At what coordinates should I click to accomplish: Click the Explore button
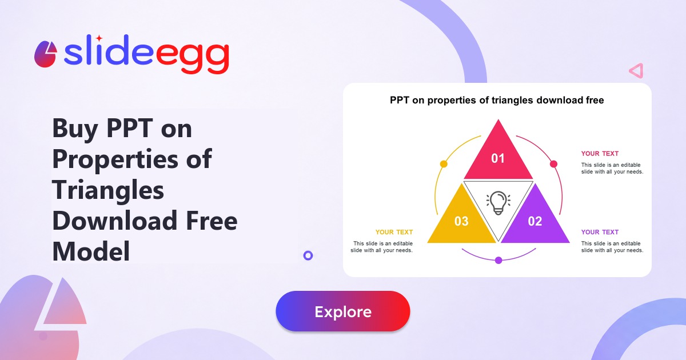(342, 311)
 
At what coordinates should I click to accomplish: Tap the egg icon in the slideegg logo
(46, 54)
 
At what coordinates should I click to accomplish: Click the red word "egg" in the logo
(193, 57)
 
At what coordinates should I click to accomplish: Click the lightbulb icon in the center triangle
(498, 203)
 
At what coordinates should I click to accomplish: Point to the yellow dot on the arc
(444, 164)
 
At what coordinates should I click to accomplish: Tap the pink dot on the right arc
(553, 164)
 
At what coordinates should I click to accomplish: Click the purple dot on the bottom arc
(498, 260)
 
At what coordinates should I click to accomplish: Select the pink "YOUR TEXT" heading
(600, 153)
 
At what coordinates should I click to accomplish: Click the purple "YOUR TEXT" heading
(600, 232)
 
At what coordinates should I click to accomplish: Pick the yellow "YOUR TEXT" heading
(394, 232)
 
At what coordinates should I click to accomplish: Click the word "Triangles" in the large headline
(108, 190)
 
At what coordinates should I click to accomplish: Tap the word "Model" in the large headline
(91, 251)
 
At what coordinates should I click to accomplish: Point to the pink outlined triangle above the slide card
(636, 71)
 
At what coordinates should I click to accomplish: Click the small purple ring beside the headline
(308, 255)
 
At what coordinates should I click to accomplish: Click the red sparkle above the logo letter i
(99, 38)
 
